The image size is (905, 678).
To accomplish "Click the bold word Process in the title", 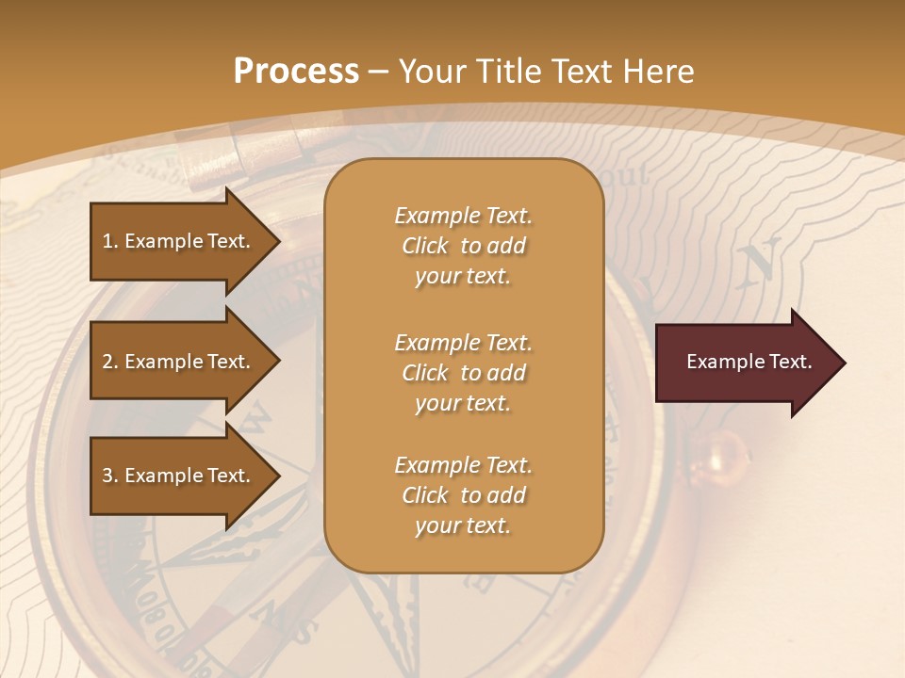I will coord(296,72).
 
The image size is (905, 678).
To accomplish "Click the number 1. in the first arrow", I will coord(110,241).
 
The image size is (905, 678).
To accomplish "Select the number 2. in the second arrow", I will coord(110,362).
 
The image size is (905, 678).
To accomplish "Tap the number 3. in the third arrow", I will coord(110,476).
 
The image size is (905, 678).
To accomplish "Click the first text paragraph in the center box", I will coord(463,246).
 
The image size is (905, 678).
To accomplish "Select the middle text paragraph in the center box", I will coord(463,373).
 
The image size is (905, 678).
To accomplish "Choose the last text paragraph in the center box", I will coord(463,495).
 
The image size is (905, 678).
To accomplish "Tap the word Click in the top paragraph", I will coord(425,246).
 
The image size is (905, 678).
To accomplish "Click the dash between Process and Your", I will coord(378,72).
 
